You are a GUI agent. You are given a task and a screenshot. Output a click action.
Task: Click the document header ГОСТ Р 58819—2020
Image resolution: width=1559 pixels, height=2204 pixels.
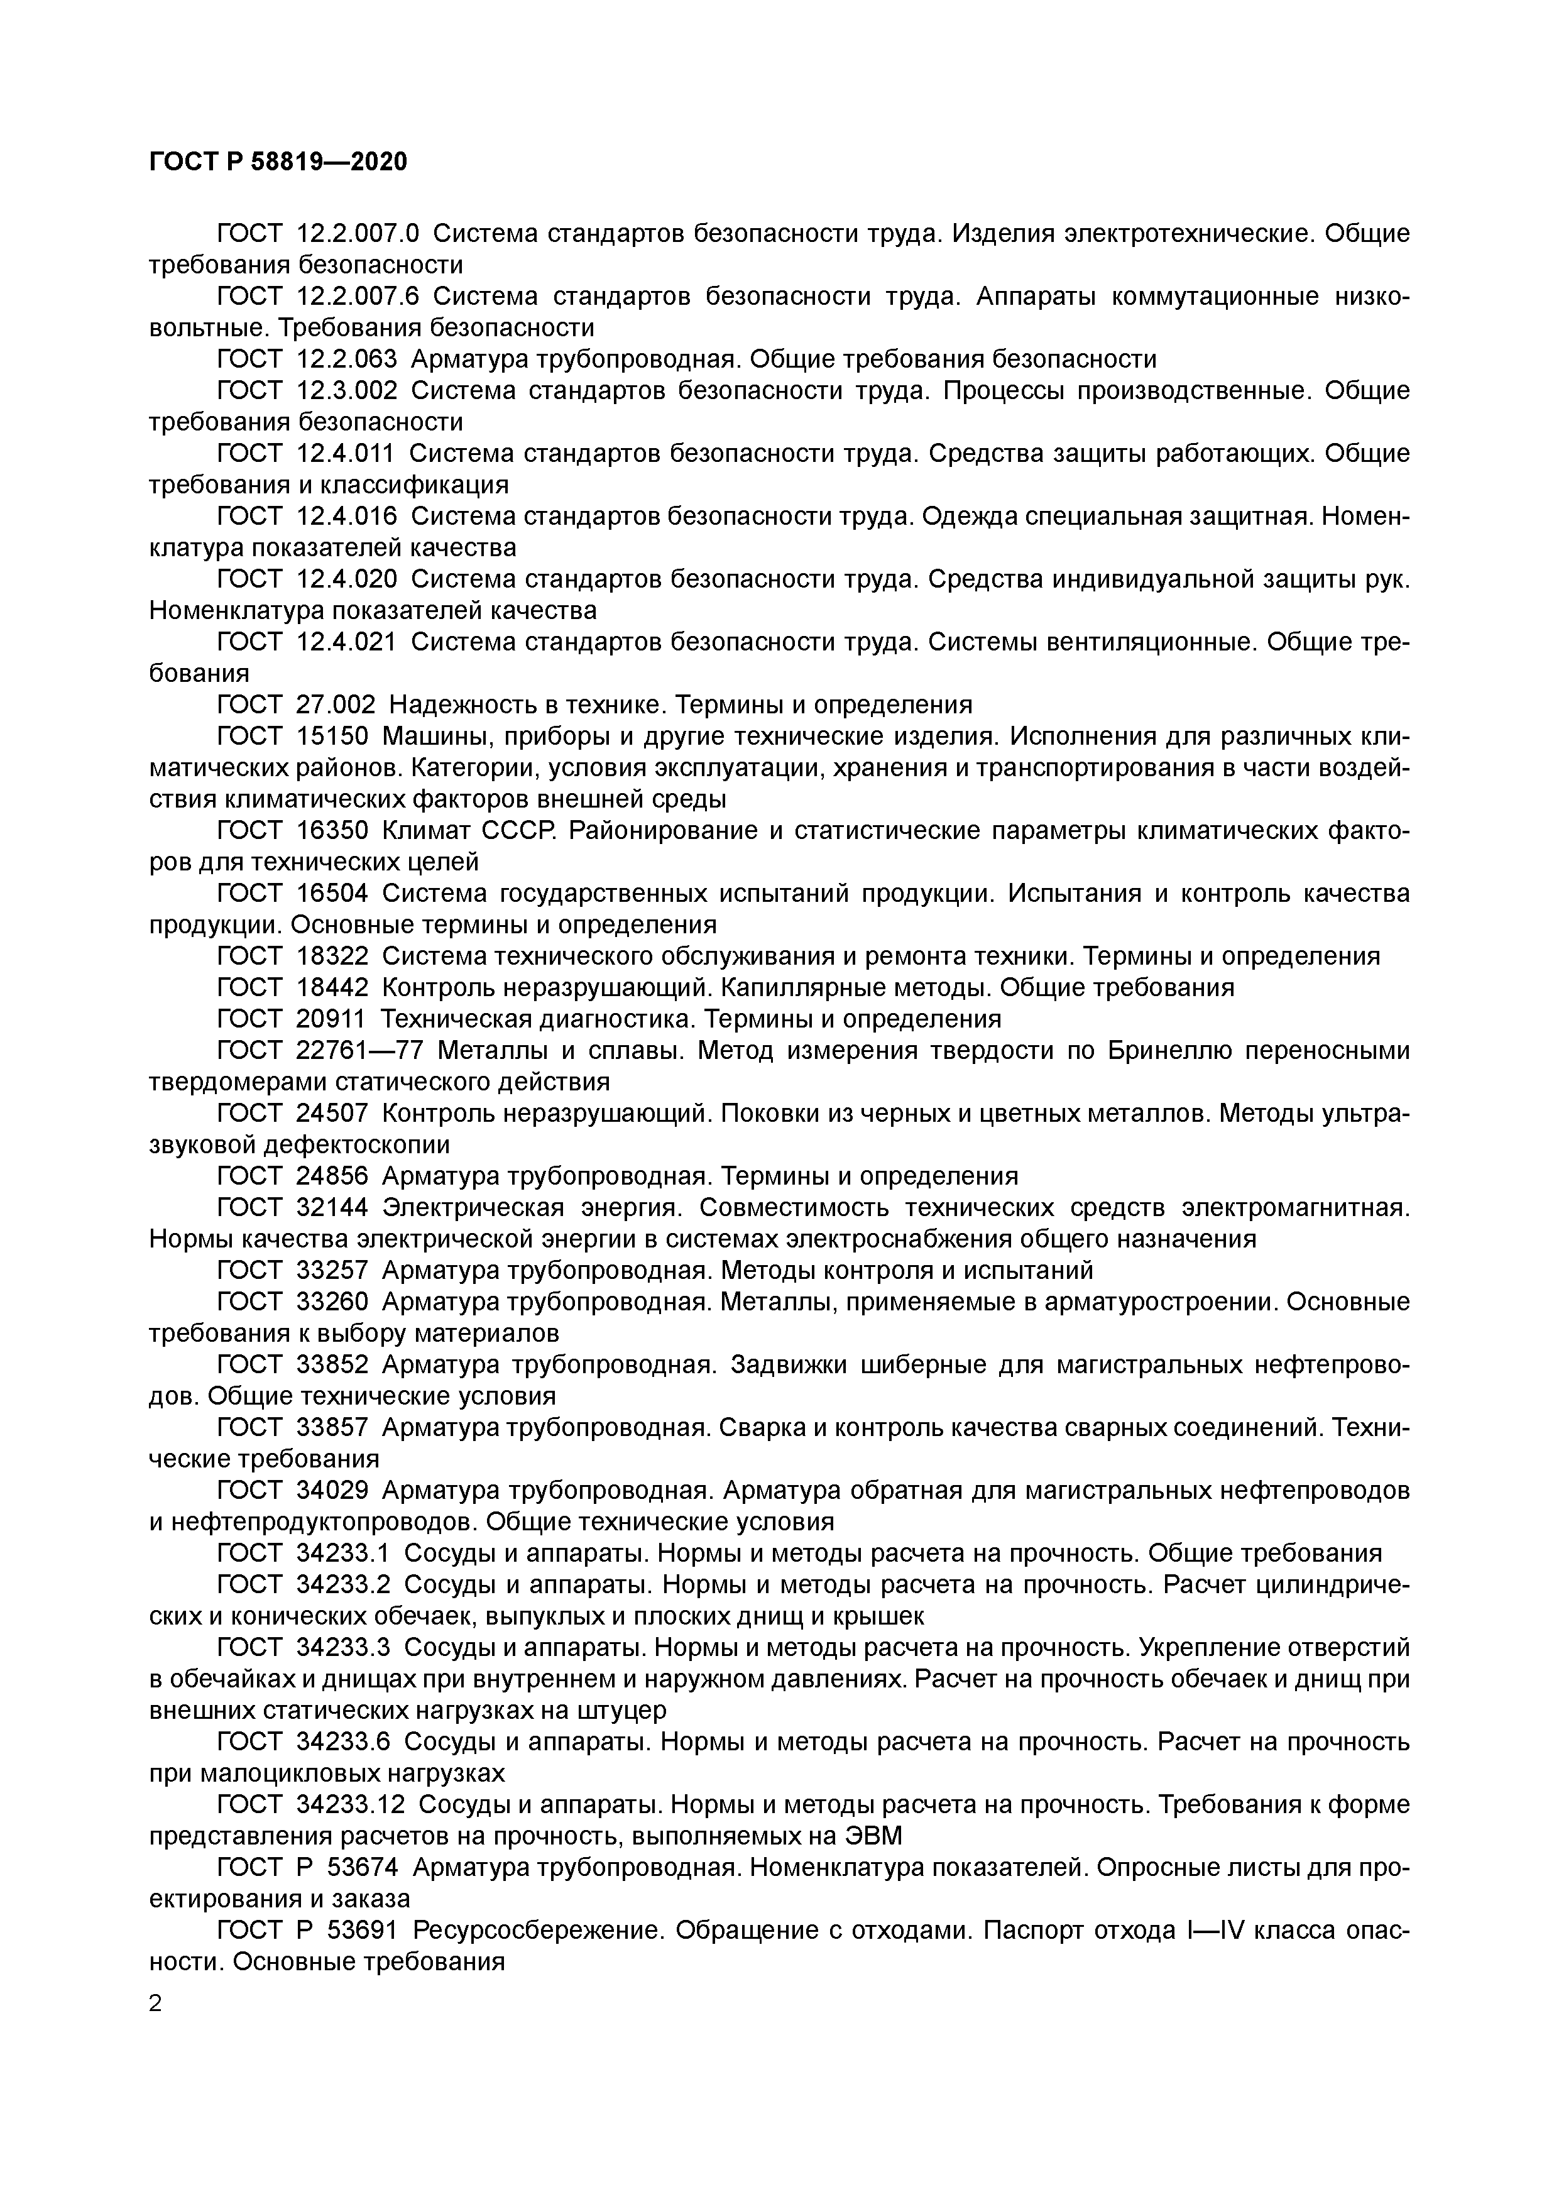click(x=278, y=162)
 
